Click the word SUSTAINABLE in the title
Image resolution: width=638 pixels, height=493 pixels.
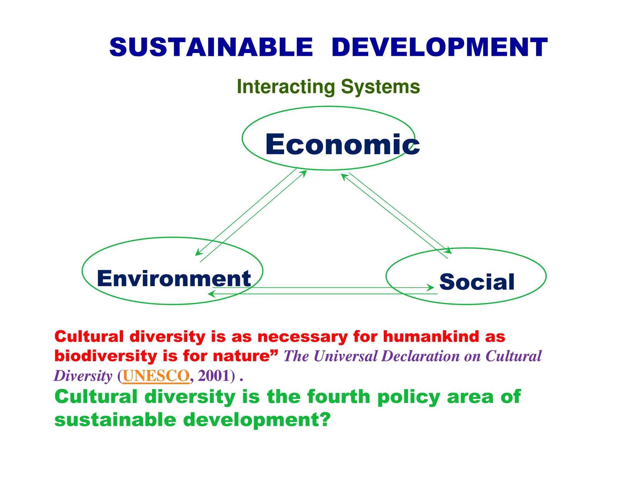tap(211, 47)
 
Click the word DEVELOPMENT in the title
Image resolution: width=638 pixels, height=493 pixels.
tap(439, 47)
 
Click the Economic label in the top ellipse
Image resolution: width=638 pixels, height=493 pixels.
tap(342, 144)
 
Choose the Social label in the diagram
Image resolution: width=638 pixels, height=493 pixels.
tap(477, 282)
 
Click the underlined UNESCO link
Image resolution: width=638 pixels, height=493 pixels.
tap(156, 376)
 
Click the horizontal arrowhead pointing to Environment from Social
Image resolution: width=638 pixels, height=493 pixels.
tap(211, 294)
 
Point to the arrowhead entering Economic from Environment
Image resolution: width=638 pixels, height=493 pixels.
tap(304, 173)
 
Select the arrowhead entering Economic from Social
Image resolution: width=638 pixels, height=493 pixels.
tap(344, 176)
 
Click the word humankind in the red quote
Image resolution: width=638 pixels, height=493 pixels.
tap(431, 337)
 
